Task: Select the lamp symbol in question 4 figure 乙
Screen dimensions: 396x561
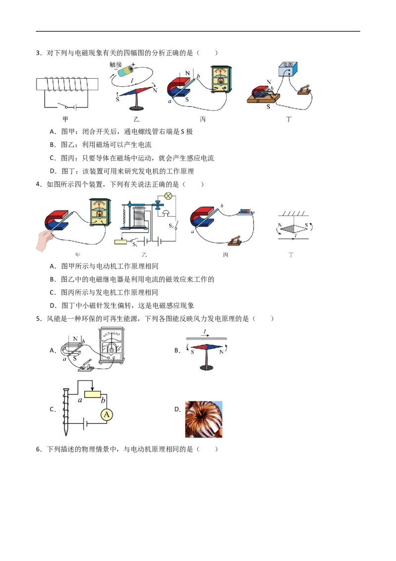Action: tap(168, 196)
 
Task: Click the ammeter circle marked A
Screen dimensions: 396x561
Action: tap(106, 415)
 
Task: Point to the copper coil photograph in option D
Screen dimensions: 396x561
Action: tap(204, 419)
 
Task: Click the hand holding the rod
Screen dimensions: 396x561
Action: tap(45, 240)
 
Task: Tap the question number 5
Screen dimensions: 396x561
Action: tap(39, 319)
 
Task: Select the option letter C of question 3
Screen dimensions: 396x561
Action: tap(53, 158)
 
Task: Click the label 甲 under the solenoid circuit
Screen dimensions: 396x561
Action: tap(65, 119)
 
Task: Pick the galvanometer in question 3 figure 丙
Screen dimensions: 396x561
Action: tap(221, 79)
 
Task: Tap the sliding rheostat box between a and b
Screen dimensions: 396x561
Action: tap(93, 394)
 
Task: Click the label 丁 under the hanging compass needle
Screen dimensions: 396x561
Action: tap(291, 255)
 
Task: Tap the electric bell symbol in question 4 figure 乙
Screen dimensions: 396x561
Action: tap(165, 213)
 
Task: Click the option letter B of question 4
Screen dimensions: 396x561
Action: tap(53, 279)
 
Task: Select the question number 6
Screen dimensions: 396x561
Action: tap(39, 449)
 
